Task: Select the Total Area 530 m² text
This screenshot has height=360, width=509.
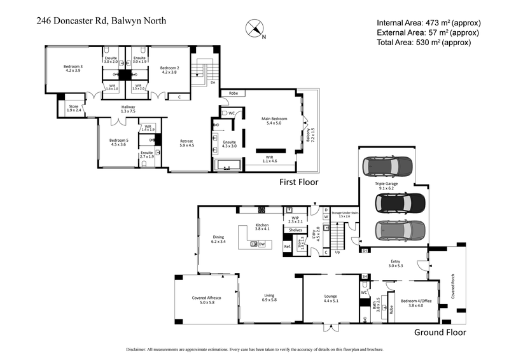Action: coord(423,43)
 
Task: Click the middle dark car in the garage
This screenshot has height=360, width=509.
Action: coord(399,203)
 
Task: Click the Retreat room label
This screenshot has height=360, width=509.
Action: coord(186,143)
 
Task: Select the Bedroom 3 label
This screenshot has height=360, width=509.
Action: coord(73,69)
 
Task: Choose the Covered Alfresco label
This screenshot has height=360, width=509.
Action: coord(207,300)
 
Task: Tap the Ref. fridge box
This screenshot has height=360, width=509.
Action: coord(287,246)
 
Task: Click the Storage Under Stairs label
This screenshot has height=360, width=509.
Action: coord(345,214)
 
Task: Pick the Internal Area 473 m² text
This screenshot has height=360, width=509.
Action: coord(423,21)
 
